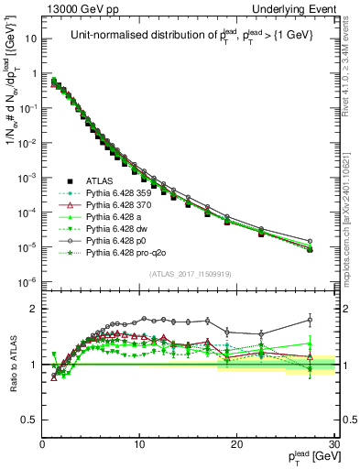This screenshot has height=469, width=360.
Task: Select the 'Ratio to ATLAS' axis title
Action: click(x=12, y=364)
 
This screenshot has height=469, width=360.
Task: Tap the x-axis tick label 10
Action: click(x=138, y=444)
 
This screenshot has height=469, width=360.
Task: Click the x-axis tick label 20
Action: click(x=236, y=444)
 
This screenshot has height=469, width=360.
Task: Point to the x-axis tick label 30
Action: click(x=333, y=444)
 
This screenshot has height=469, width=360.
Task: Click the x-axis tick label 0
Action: click(x=42, y=444)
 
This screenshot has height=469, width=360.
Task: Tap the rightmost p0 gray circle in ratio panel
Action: click(x=310, y=320)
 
